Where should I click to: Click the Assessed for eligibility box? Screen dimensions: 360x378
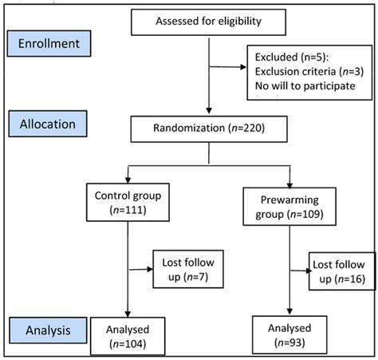click(208, 22)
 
